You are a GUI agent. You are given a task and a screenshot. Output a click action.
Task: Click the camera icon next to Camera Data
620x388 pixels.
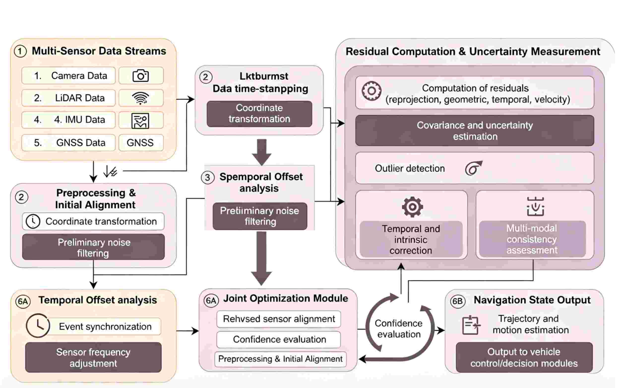pos(140,76)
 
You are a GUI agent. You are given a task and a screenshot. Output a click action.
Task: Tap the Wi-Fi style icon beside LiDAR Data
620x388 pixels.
pos(140,98)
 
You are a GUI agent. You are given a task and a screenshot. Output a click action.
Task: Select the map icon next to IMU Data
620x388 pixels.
pos(140,121)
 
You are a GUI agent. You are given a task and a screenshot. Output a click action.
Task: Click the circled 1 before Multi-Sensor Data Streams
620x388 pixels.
pos(20,51)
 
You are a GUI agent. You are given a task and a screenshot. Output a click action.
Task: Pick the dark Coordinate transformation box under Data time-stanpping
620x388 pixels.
pos(259,114)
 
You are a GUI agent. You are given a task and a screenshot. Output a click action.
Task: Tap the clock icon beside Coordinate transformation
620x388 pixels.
pos(33,221)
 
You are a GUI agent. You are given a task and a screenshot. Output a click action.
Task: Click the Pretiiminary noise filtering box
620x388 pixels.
pos(260,216)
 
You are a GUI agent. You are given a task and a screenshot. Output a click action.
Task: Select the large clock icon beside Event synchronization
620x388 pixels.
pos(38,325)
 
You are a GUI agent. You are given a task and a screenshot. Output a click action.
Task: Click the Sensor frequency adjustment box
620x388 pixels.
pos(93,357)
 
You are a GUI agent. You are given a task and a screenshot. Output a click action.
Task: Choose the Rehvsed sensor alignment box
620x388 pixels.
pos(279,319)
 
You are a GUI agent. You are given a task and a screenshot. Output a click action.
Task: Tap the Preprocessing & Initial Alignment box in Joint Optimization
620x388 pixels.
pos(280,359)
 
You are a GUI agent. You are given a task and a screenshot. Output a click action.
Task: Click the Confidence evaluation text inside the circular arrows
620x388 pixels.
pos(399,329)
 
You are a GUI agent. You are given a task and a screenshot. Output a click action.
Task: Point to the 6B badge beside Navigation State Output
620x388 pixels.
pos(458,301)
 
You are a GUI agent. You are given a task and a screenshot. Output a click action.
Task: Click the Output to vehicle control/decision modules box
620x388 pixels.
pos(524,357)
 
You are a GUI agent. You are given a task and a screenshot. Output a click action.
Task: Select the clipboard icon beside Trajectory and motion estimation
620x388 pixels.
pos(471,325)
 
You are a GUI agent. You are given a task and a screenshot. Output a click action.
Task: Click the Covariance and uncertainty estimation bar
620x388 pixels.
pos(475,131)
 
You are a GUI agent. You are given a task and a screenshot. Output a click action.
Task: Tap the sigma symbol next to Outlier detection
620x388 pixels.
pos(474,168)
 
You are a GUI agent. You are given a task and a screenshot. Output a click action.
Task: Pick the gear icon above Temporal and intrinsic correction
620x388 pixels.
pos(412,207)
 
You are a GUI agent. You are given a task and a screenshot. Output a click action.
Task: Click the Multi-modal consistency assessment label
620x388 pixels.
pos(532,239)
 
